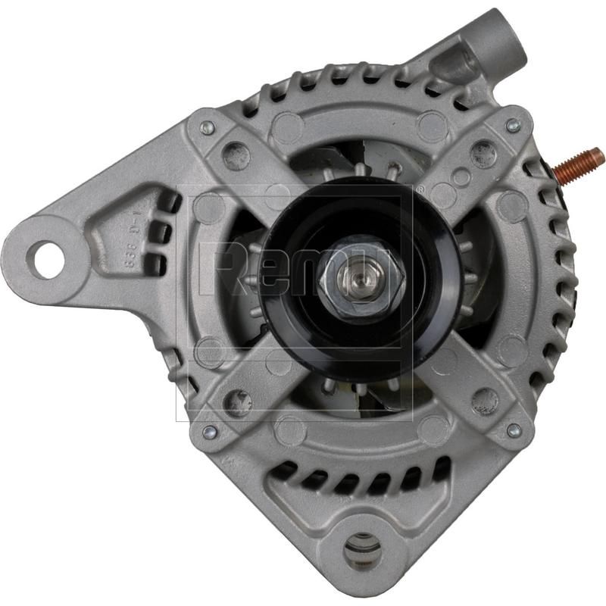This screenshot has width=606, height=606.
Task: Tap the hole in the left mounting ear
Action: point(45,259)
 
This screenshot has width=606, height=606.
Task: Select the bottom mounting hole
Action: point(362,551)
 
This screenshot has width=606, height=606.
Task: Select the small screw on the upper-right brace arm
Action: point(513,126)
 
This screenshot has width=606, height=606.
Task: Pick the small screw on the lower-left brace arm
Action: point(209,431)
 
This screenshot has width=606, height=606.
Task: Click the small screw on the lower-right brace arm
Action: point(514,430)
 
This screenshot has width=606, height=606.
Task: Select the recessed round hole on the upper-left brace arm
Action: point(236,156)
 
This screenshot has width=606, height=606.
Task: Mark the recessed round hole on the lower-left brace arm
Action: point(239,401)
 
